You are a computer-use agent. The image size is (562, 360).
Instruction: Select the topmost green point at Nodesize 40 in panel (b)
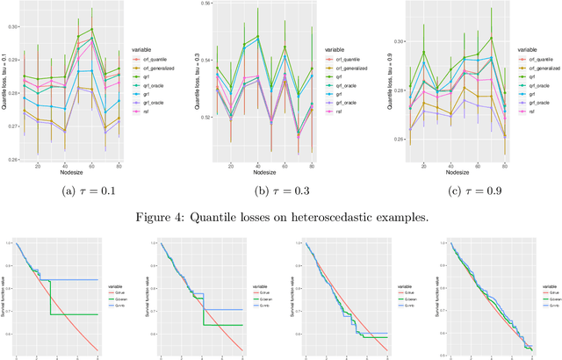pos(257,37)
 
